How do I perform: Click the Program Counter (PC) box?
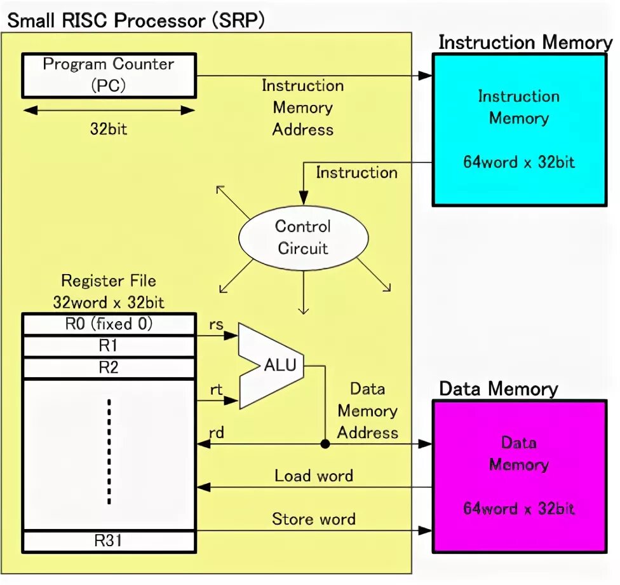(x=108, y=75)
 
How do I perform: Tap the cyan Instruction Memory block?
(x=518, y=130)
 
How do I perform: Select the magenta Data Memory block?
(x=518, y=476)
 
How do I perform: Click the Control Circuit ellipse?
(x=302, y=238)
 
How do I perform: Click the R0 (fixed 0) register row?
(x=108, y=324)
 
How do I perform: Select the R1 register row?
(x=108, y=346)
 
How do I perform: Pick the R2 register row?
(x=108, y=368)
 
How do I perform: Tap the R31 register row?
(x=108, y=541)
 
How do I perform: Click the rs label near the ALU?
(x=216, y=324)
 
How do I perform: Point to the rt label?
(x=216, y=390)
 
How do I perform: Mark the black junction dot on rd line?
(x=325, y=444)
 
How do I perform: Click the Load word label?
(x=314, y=476)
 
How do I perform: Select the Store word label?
(x=314, y=519)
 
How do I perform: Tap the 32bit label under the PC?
(x=108, y=129)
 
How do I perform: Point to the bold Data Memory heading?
(x=498, y=389)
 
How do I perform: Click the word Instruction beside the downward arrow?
(x=356, y=172)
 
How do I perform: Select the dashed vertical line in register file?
(x=109, y=451)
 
